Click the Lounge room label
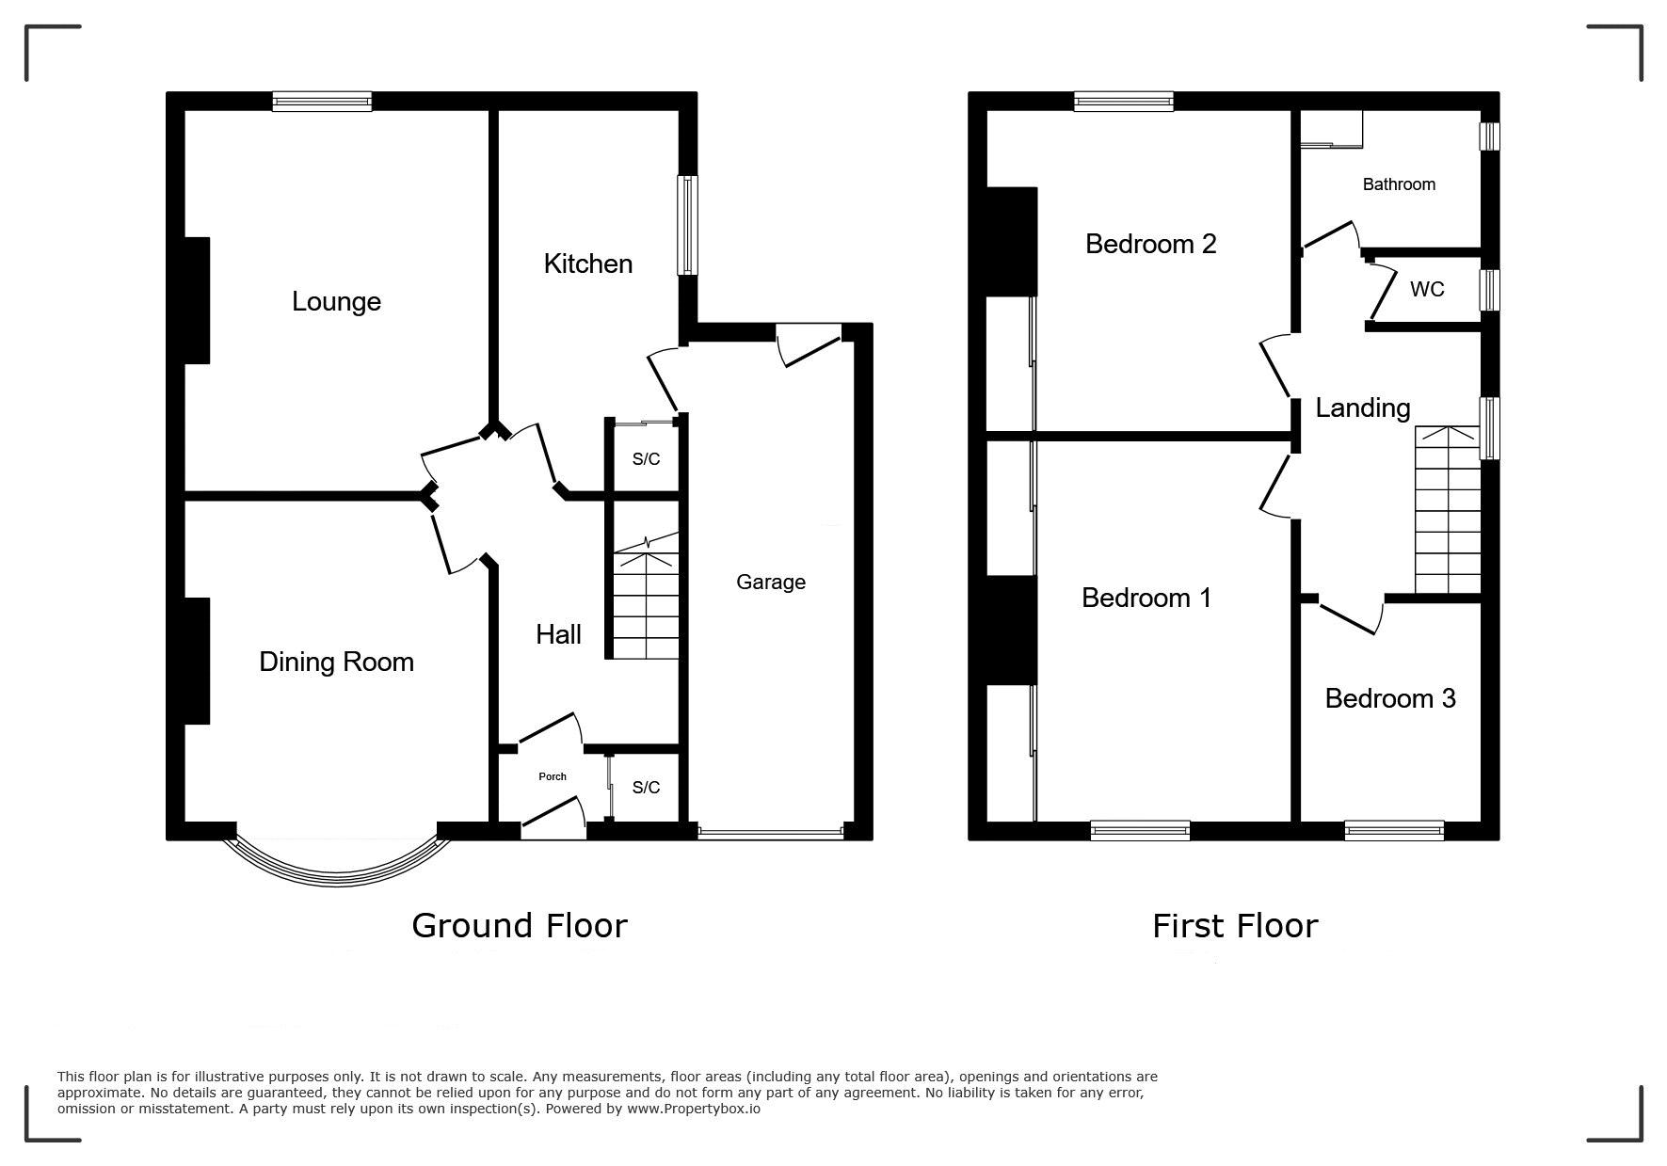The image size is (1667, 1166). tap(336, 302)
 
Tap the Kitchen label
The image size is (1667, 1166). tap(587, 264)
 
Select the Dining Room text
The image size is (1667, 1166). tap(336, 663)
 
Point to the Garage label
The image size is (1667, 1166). tap(771, 583)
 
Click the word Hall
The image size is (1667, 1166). tap(558, 634)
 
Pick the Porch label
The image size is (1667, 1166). tap(553, 776)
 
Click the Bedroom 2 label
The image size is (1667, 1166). tap(1150, 244)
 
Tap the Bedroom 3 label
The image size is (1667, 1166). tap(1390, 698)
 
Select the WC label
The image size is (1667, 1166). tap(1427, 290)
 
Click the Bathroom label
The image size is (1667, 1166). tap(1399, 184)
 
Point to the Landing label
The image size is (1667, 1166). tap(1362, 408)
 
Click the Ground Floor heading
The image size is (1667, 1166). tap(520, 926)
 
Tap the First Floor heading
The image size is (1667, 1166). tap(1235, 926)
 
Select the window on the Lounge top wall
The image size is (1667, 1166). tap(322, 101)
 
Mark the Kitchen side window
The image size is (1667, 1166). tap(688, 225)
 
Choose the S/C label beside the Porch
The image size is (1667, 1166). tap(646, 788)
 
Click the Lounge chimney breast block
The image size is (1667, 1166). tap(197, 300)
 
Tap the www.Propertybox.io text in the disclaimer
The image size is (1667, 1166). tap(694, 1109)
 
